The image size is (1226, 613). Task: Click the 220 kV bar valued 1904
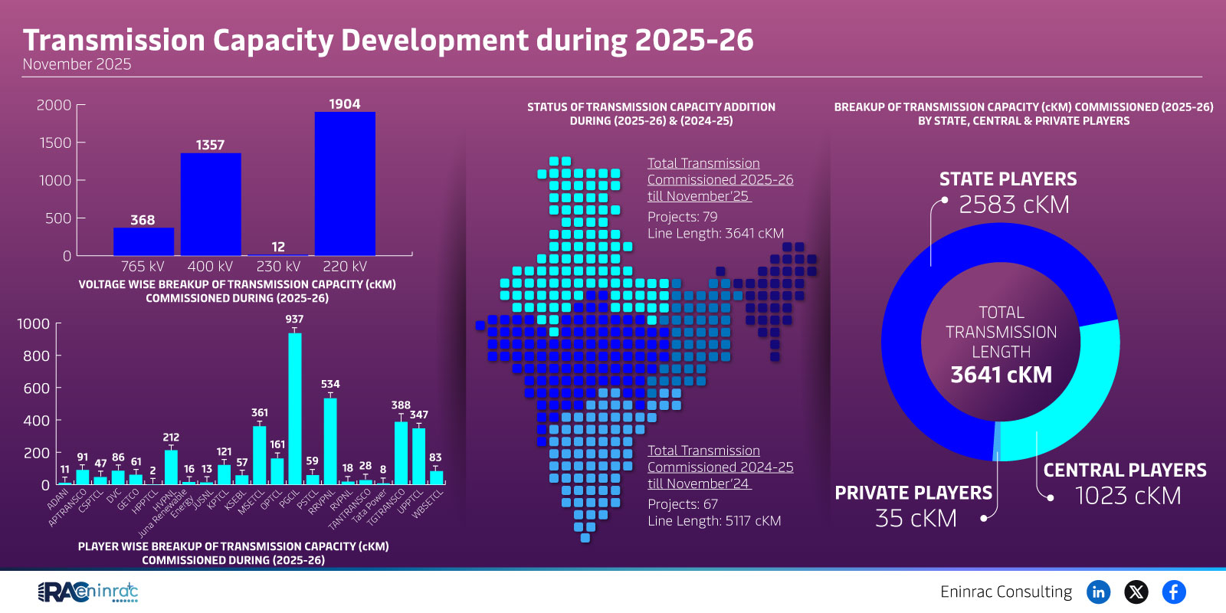345,184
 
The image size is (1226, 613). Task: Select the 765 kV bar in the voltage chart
143,241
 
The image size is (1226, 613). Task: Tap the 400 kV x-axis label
210,267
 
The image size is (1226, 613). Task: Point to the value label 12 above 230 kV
278,247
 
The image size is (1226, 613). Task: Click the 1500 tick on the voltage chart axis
54,143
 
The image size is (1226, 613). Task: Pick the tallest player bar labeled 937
294,408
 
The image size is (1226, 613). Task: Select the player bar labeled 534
330,441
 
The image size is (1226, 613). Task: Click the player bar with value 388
401,452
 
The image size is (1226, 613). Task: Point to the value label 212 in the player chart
171,438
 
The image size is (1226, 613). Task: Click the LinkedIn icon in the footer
1098,592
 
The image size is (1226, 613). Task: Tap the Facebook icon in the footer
1173,592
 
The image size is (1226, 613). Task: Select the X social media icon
1136,592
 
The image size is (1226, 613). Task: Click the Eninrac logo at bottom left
87,592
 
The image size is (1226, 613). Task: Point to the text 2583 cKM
1014,205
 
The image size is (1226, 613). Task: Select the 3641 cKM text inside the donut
1001,375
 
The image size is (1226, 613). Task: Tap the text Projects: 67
682,504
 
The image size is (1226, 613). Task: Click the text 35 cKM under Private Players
916,519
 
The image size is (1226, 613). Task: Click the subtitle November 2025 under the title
77,64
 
